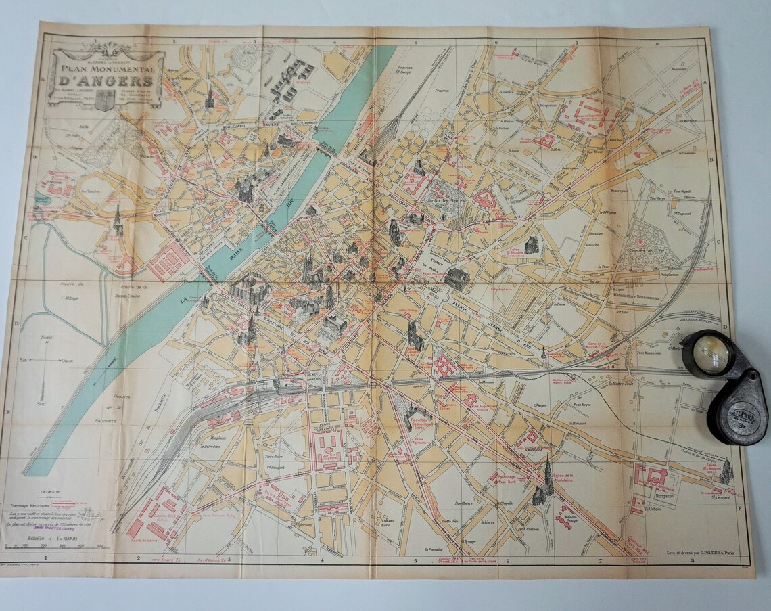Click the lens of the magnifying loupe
pyautogui.click(x=709, y=353)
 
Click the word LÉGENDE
pyautogui.click(x=50, y=493)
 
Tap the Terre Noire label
pyautogui.click(x=260, y=457)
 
